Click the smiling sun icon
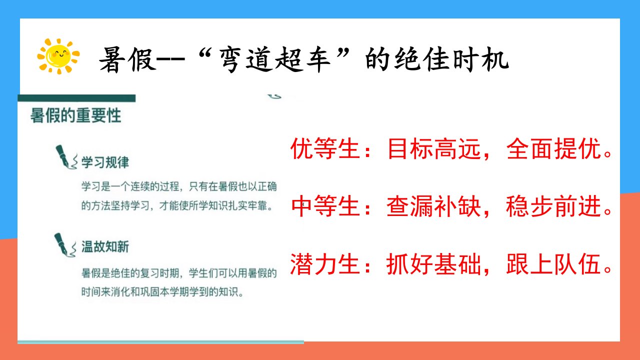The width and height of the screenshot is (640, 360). (x=58, y=56)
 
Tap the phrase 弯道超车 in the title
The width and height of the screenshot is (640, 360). (x=274, y=60)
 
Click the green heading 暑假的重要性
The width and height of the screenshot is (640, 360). (x=75, y=115)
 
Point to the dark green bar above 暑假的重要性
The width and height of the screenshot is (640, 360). (x=76, y=98)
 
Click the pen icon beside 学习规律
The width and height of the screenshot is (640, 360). (x=66, y=157)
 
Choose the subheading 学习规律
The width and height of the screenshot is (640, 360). (x=105, y=162)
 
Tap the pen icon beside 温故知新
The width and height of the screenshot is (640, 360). (x=65, y=245)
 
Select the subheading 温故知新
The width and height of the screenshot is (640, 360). (x=105, y=247)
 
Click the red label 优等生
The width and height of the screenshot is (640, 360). (x=325, y=148)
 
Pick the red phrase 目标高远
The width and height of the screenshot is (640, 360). (x=434, y=148)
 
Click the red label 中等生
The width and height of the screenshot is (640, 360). (x=325, y=206)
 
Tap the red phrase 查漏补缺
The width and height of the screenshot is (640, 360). (x=434, y=206)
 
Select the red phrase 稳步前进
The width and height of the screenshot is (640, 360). (x=553, y=206)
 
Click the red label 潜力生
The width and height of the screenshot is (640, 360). (x=325, y=264)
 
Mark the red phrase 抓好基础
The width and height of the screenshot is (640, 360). (x=434, y=264)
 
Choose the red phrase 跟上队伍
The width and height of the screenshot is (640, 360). (x=553, y=264)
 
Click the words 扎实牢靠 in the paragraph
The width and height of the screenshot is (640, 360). (x=247, y=205)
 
